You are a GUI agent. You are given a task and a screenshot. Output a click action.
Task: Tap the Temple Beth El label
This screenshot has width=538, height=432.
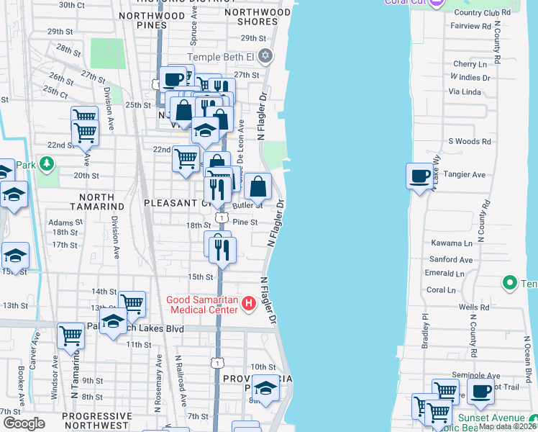pyautogui.click(x=222, y=57)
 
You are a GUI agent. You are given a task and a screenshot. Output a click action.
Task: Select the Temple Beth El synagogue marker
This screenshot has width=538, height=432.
pyautogui.click(x=265, y=55)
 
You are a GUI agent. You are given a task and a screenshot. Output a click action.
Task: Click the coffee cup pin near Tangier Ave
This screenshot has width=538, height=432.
pyautogui.click(x=419, y=175)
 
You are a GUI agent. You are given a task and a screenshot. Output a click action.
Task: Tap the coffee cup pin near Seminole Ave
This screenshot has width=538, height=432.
pyautogui.click(x=480, y=391)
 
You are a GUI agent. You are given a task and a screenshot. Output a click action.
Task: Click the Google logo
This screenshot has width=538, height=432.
pyautogui.click(x=24, y=423)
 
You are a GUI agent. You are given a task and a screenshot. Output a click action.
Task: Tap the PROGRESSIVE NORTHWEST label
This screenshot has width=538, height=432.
pyautogui.click(x=97, y=421)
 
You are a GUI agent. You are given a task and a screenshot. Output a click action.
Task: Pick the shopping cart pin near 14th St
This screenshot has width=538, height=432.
pyautogui.click(x=132, y=303)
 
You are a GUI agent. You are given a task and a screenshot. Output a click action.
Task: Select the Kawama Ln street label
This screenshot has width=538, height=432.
pyautogui.click(x=452, y=243)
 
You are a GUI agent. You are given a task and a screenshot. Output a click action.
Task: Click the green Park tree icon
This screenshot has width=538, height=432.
pyautogui.click(x=47, y=165)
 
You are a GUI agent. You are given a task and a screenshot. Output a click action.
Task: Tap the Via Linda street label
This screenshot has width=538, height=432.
pyautogui.click(x=464, y=91)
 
